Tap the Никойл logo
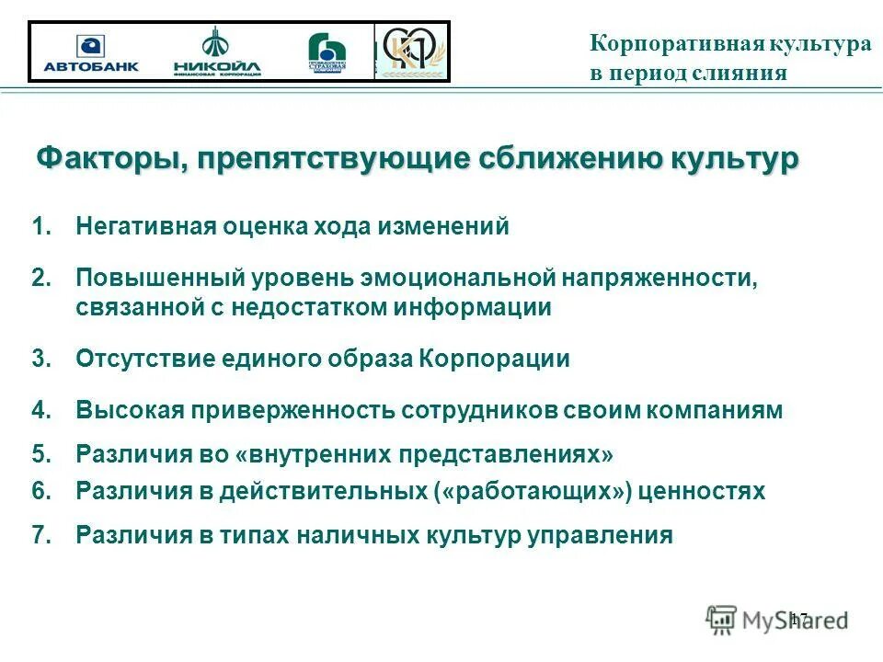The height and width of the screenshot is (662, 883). tap(217, 52)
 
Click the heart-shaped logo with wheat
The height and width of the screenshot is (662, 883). tap(411, 51)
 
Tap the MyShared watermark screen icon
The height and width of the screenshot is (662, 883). tap(722, 619)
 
